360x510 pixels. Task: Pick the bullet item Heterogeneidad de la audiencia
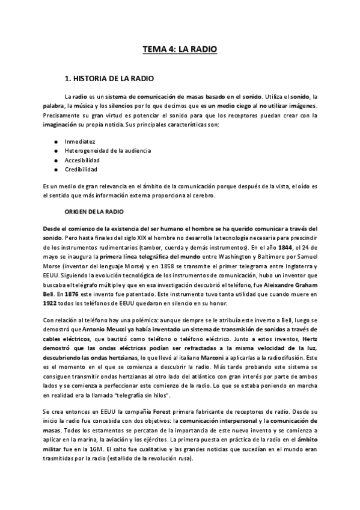(x=108, y=150)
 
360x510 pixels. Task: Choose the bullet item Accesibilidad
(x=82, y=160)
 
